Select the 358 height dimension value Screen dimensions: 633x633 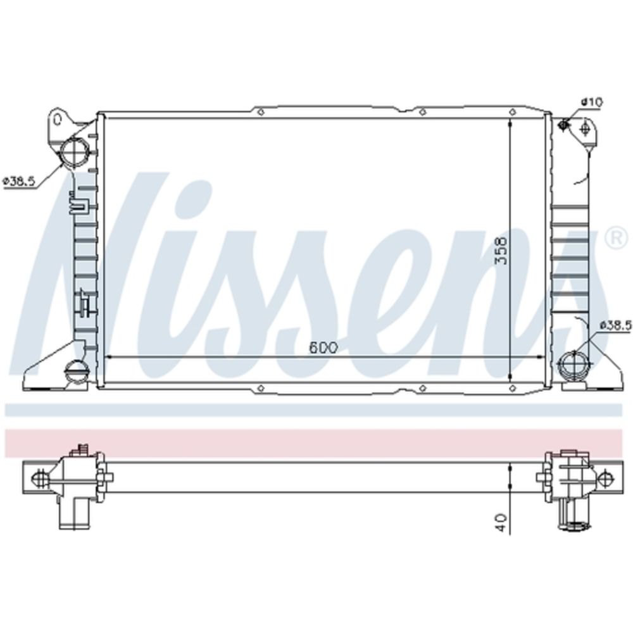[x=501, y=250]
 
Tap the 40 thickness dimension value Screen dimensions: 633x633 [x=501, y=522]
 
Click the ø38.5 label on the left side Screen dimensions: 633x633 [x=19, y=181]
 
